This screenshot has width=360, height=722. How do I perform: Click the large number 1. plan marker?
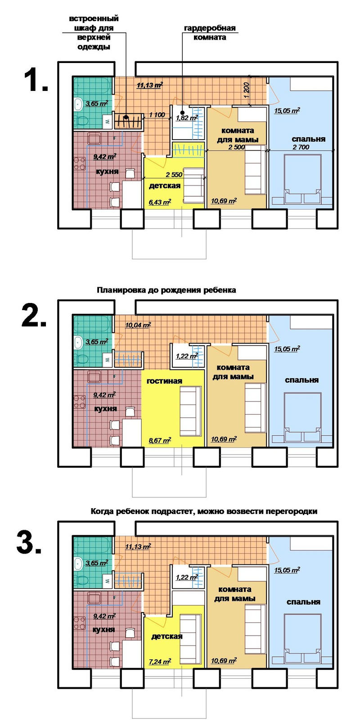[36, 81]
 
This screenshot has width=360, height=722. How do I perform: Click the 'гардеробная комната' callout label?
[210, 32]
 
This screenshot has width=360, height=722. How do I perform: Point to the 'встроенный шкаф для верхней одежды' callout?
[94, 32]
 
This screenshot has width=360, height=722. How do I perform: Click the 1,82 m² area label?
[187, 118]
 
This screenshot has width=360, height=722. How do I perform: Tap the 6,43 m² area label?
[160, 202]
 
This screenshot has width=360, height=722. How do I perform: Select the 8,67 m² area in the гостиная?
[160, 440]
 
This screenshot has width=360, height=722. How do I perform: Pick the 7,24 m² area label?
[160, 661]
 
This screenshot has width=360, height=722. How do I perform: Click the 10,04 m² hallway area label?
[138, 325]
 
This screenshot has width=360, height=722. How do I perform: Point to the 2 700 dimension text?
[301, 147]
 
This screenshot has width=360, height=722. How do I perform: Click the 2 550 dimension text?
[174, 175]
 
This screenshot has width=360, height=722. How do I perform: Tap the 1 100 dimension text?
[157, 115]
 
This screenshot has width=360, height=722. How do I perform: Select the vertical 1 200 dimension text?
[247, 90]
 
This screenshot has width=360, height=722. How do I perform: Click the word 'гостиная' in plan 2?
[164, 381]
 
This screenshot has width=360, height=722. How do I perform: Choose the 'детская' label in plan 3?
[167, 636]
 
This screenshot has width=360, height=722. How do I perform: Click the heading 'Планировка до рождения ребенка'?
[166, 290]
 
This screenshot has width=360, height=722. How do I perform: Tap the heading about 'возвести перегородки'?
[204, 511]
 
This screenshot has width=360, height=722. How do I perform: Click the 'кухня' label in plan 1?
[107, 172]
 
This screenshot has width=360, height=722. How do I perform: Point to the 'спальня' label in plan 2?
[301, 380]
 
